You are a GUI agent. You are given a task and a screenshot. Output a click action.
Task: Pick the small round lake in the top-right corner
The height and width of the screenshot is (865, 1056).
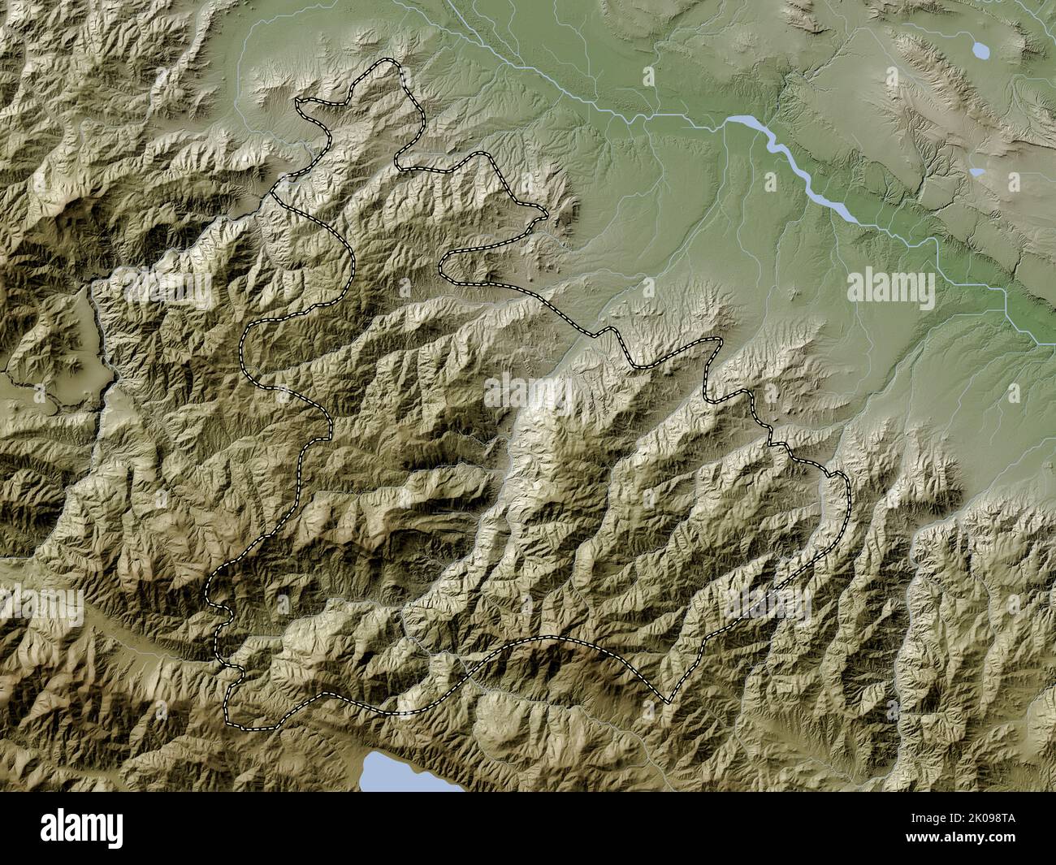(981, 51)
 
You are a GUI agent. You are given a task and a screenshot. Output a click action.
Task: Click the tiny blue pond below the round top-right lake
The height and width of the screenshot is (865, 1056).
(976, 172)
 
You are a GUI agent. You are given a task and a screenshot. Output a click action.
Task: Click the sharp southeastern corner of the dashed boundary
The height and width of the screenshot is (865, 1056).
(668, 701)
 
